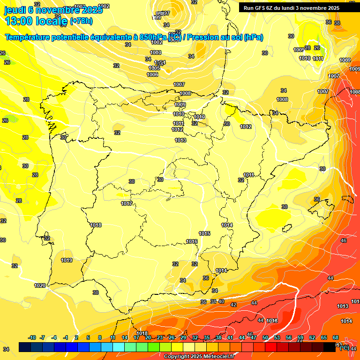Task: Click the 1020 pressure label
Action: pyautogui.click(x=40, y=285)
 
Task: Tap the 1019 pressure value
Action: pyautogui.click(x=67, y=260)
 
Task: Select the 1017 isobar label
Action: pyautogui.click(x=127, y=203)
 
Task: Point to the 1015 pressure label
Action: pyautogui.click(x=204, y=233)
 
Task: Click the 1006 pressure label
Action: pyautogui.click(x=152, y=75)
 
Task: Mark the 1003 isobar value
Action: pyautogui.click(x=156, y=52)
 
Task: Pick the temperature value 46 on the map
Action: pyautogui.click(x=344, y=240)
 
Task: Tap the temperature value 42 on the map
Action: pyautogui.click(x=233, y=305)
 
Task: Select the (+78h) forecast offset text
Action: pyautogui.click(x=81, y=21)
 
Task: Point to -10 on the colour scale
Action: pyautogui.click(x=32, y=337)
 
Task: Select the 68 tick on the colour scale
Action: pyautogui.click(x=336, y=337)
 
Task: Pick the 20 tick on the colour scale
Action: pyautogui.click(x=148, y=337)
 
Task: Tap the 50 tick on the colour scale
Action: pyautogui.click(x=265, y=337)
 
